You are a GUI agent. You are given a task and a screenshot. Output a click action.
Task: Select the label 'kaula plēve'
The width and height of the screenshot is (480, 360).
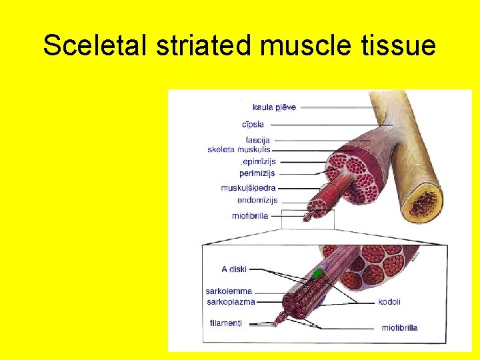click(x=274, y=106)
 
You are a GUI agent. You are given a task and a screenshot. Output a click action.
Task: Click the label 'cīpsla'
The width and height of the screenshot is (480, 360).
click(x=253, y=124)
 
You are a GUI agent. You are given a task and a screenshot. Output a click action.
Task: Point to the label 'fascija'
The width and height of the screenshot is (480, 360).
click(x=257, y=141)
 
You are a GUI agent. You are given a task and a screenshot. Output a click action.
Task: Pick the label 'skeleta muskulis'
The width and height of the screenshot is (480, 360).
click(x=239, y=149)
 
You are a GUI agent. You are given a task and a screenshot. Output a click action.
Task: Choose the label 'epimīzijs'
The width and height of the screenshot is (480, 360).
click(x=258, y=161)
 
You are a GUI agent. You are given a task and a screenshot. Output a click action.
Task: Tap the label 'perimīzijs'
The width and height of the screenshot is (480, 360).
click(x=257, y=174)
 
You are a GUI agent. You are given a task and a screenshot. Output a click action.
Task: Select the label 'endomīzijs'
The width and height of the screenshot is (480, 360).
click(x=257, y=200)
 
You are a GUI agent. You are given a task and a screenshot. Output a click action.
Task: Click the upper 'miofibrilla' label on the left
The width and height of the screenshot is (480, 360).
click(x=250, y=215)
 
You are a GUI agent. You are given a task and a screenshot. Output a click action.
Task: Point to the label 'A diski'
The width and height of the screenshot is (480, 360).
click(x=234, y=269)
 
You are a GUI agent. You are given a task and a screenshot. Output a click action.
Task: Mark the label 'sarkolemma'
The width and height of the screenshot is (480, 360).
click(x=229, y=291)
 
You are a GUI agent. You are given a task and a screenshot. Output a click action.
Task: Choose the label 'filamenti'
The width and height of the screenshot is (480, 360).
click(x=226, y=323)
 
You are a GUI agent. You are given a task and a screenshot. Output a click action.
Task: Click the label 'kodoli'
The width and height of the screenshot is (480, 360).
click(x=389, y=302)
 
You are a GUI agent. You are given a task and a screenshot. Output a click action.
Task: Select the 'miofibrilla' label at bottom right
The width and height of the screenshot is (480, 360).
click(x=399, y=327)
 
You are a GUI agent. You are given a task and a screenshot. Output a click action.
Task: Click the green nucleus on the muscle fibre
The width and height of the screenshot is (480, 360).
click(x=319, y=273)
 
